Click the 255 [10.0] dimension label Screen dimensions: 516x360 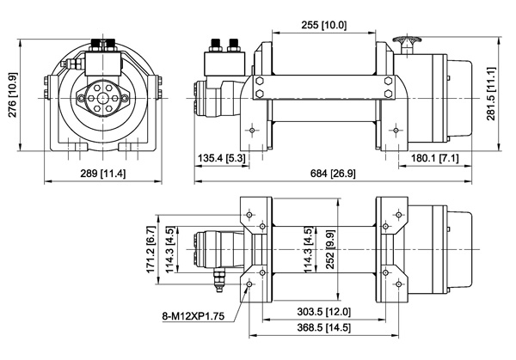(324, 25)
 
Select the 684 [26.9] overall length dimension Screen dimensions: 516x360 (333, 174)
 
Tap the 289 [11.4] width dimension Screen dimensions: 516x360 (103, 174)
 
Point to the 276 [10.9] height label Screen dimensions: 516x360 (13, 95)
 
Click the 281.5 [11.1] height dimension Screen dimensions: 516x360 (491, 94)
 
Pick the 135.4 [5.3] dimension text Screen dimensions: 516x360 (222, 158)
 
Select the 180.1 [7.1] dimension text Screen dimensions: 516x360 (434, 158)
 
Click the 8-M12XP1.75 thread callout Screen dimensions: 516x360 (193, 316)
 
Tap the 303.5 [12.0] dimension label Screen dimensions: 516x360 (324, 311)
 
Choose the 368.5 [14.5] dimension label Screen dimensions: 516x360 (324, 327)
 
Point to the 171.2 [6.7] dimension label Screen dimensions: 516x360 (150, 249)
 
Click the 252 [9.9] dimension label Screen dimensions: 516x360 (330, 249)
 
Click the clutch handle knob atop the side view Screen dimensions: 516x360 (407, 40)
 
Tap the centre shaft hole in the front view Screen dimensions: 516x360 (103, 98)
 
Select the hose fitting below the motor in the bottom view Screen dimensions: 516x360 (219, 279)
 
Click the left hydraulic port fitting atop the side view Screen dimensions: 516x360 (216, 46)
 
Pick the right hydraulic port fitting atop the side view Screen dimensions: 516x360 (233, 46)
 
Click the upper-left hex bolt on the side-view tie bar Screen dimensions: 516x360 (260, 81)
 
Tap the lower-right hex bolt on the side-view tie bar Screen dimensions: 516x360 (389, 94)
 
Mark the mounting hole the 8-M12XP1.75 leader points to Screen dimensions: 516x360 (249, 284)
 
